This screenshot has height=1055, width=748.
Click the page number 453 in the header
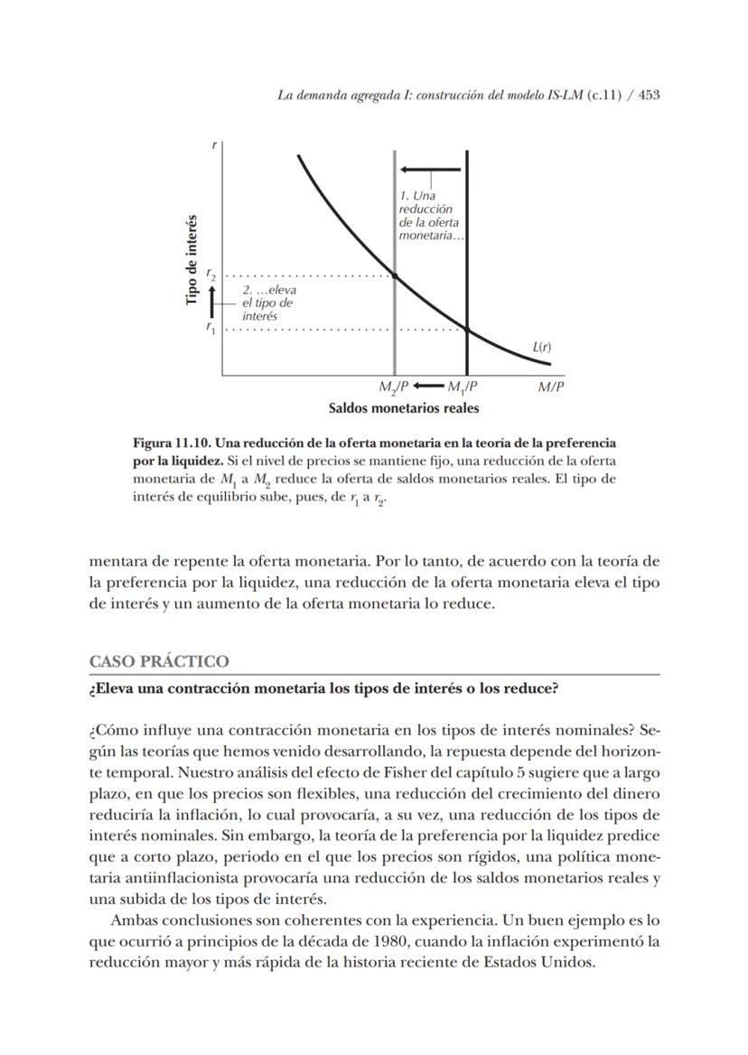pos(648,94)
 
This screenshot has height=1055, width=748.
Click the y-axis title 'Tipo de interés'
pos(192,259)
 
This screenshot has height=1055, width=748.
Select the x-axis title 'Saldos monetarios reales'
pos(403,408)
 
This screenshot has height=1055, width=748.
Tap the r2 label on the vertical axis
pos(210,274)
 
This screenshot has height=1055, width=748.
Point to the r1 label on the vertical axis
pos(210,328)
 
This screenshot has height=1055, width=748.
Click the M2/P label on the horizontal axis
pos(394,387)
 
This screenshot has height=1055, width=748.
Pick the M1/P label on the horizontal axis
pos(463,387)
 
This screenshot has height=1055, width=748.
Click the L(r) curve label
pos(542,347)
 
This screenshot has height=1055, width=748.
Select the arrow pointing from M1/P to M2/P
pos(428,387)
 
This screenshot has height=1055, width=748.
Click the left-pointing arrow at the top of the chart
pos(431,170)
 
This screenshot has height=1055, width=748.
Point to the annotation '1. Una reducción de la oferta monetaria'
pos(431,216)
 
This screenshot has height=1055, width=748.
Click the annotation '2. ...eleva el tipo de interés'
pos(268,303)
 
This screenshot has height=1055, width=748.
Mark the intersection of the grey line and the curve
pos(395,275)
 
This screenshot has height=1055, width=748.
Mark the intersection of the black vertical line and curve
pos(467,329)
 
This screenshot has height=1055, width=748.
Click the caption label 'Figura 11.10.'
pos(173,443)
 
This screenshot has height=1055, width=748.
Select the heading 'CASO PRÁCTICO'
pos(159,662)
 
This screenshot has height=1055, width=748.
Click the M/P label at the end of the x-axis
pos(551,387)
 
